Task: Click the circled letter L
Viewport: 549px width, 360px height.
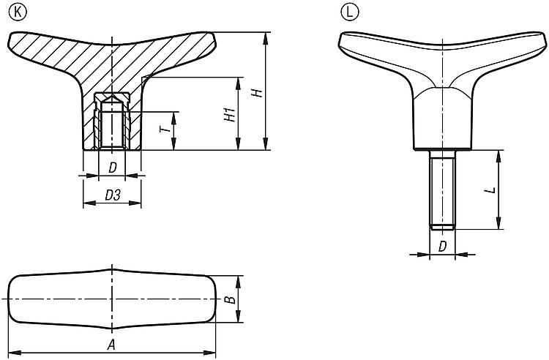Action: [x=349, y=12]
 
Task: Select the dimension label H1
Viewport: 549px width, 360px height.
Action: [x=230, y=116]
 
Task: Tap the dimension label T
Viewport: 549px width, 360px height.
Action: [x=165, y=130]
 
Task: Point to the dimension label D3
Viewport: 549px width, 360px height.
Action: [x=113, y=195]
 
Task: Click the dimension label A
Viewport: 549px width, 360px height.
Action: [x=111, y=345]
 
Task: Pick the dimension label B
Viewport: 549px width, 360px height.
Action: [x=230, y=300]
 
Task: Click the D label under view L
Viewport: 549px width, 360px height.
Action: [x=443, y=247]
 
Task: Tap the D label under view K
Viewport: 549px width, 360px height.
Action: [x=113, y=168]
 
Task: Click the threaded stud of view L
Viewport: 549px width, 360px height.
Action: [x=443, y=190]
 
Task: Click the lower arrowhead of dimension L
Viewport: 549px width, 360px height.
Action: [x=498, y=223]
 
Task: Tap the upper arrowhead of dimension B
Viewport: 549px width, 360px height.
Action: [x=239, y=282]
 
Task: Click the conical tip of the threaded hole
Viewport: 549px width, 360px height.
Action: [x=112, y=98]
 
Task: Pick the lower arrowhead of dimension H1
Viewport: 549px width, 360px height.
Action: [x=239, y=144]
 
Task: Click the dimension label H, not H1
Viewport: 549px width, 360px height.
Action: [x=258, y=93]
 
